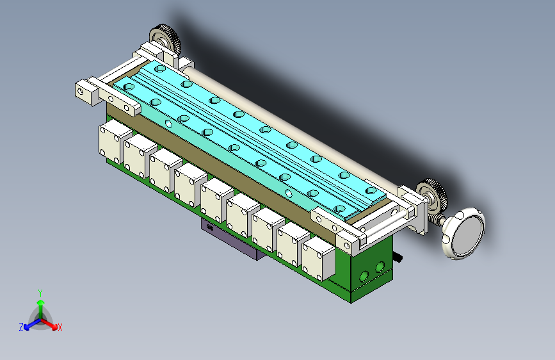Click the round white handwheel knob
pos(463,234)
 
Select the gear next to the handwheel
pos(433,195)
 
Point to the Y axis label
pos(40,293)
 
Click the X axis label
pos(60,327)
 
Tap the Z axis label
pos(21,327)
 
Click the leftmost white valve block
pos(114,142)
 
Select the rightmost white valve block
pos(318,259)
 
